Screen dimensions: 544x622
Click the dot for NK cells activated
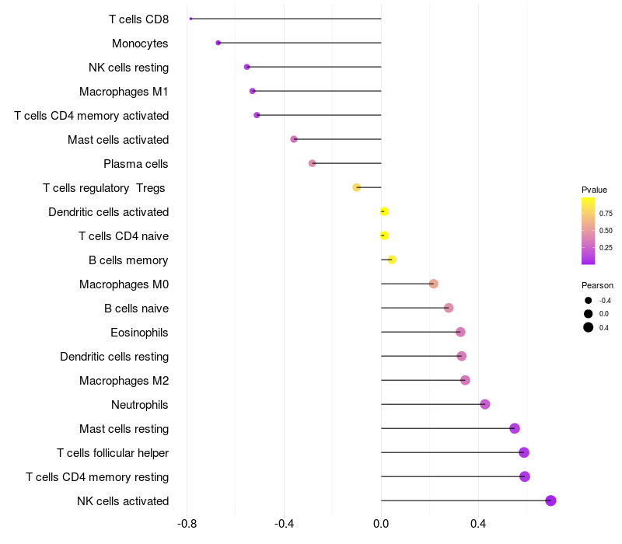550,500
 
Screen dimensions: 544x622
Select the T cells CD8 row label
138,19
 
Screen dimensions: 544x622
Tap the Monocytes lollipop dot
218,43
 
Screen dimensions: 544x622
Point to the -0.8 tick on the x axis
187,524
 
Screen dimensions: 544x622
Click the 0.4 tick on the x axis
478,524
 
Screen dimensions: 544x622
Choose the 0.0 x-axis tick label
381,524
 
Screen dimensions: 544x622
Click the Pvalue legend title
594,190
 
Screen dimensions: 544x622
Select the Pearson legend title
597,285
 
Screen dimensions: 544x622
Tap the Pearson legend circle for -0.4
589,301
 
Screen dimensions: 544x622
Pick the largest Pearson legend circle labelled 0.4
589,327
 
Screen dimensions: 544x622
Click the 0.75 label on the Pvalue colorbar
606,214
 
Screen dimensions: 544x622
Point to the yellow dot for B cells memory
392,260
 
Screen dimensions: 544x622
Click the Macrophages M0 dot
434,284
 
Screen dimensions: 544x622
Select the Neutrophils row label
140,405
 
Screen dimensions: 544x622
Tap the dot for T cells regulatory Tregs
357,187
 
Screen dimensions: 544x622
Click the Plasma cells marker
313,163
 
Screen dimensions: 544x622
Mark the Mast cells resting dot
515,428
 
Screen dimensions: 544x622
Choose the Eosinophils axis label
140,333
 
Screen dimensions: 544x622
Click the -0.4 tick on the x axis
284,524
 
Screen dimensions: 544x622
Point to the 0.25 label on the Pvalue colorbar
606,248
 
